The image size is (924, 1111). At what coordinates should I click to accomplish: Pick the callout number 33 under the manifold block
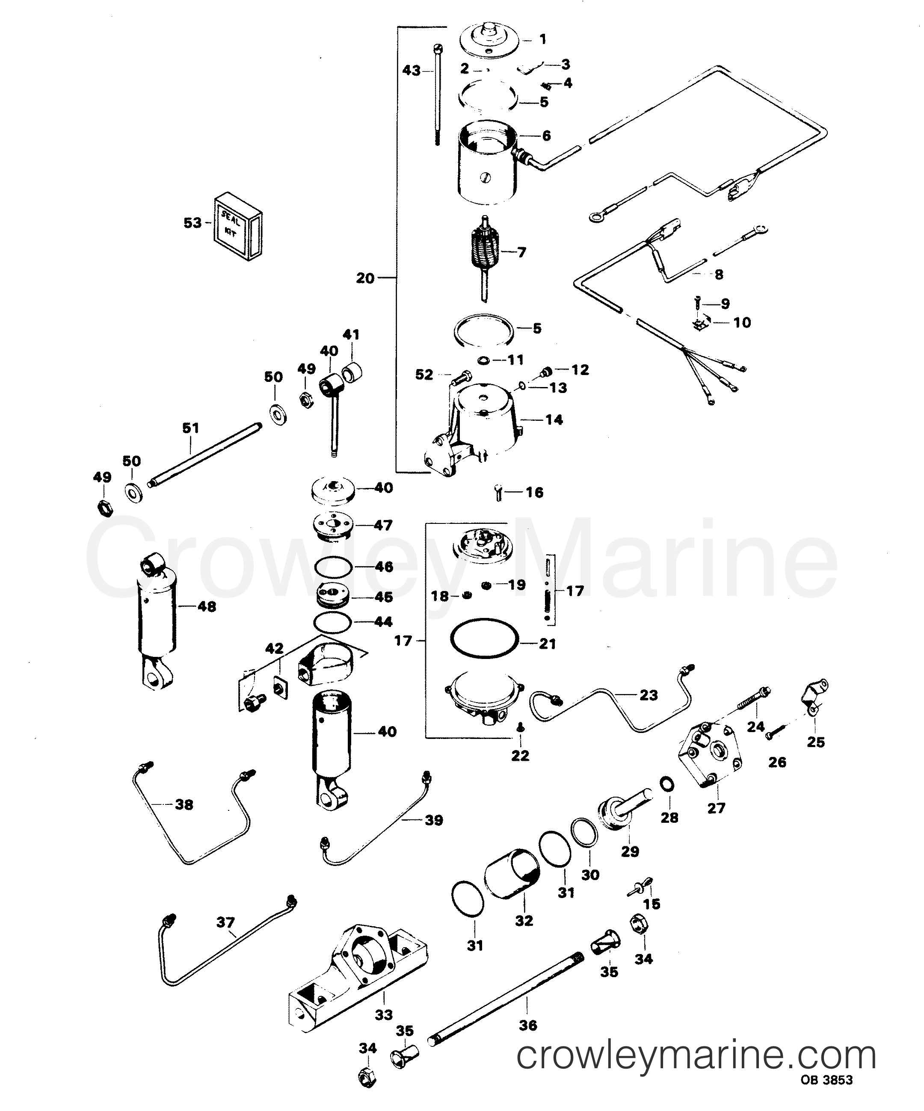pos(384,1015)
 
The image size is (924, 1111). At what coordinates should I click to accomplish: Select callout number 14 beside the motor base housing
pos(554,420)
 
